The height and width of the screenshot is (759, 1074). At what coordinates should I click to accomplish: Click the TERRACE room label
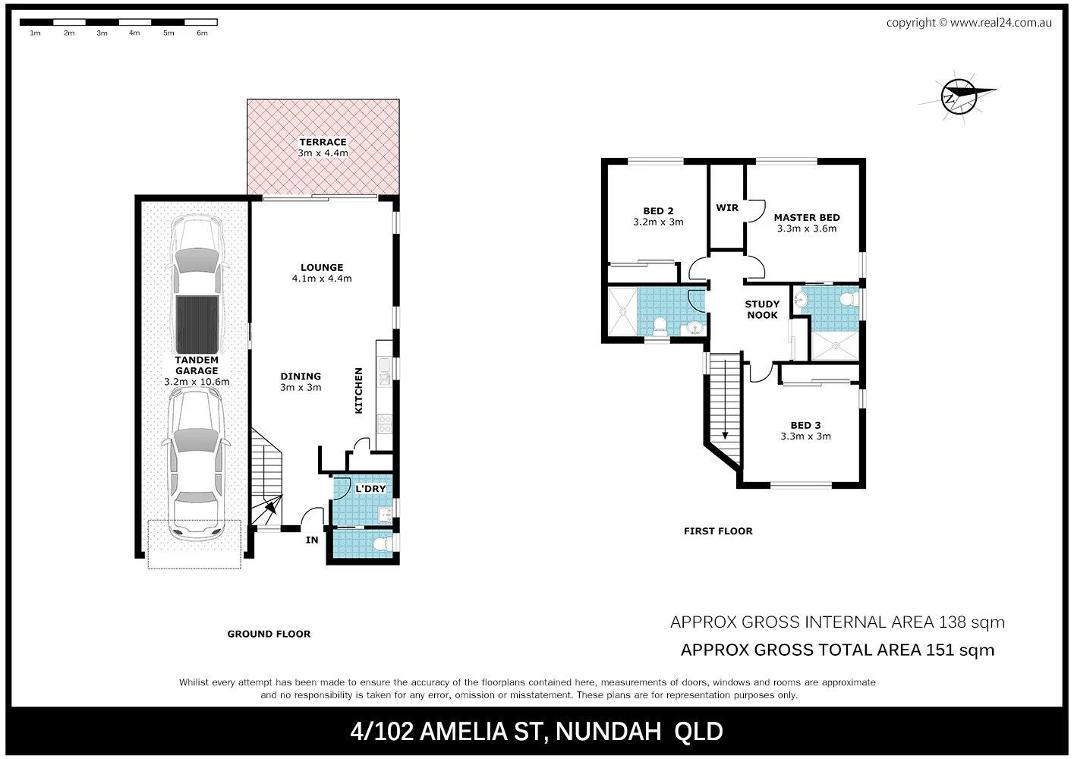323,142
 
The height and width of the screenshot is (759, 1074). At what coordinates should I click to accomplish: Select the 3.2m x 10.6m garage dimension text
197,382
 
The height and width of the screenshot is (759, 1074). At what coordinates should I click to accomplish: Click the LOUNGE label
322,267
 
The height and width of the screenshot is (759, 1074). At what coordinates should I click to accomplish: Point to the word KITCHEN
359,391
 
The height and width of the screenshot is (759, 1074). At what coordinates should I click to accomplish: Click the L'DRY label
370,488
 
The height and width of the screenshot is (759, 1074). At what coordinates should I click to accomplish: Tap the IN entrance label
312,540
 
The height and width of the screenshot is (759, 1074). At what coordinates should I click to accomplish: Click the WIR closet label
727,207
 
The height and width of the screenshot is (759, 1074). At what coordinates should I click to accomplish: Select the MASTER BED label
807,217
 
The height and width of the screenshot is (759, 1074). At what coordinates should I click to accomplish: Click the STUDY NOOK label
762,310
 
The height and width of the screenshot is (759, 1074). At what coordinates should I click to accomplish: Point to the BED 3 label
805,425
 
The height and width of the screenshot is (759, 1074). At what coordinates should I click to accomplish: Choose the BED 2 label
658,211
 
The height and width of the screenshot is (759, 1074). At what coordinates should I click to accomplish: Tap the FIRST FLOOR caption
718,531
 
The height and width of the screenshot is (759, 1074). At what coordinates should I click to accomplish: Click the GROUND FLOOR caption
269,634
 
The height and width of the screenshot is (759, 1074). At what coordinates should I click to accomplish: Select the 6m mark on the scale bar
202,33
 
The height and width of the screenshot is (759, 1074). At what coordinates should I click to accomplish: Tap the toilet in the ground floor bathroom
388,544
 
